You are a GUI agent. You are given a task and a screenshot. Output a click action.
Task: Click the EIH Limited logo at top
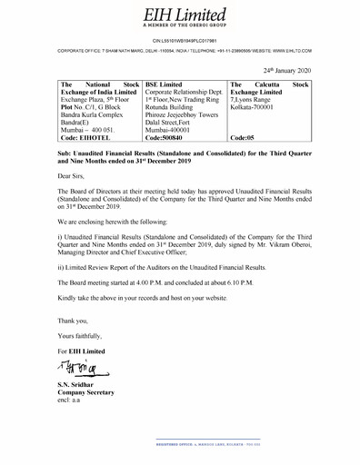coord(179,14)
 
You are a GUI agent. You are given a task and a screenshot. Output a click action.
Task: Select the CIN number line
coord(179,41)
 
